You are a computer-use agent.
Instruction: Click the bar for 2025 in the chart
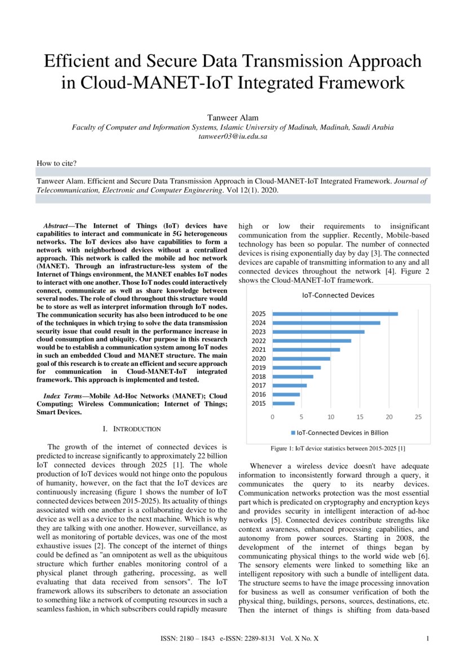335,314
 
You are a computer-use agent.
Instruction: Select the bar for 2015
283,404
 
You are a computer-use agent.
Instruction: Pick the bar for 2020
301,359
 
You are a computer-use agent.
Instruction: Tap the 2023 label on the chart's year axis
259,332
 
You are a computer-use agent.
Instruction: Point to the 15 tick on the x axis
360,417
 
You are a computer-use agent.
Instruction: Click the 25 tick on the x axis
418,417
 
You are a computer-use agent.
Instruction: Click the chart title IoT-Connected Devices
338,295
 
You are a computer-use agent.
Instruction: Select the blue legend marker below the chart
293,433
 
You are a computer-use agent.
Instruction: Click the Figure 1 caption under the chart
338,449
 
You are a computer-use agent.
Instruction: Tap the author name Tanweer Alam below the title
233,117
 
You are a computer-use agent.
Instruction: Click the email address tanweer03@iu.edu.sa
233,136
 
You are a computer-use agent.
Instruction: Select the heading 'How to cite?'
57,163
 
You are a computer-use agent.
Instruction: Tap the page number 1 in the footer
429,639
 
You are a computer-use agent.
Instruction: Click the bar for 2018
292,377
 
